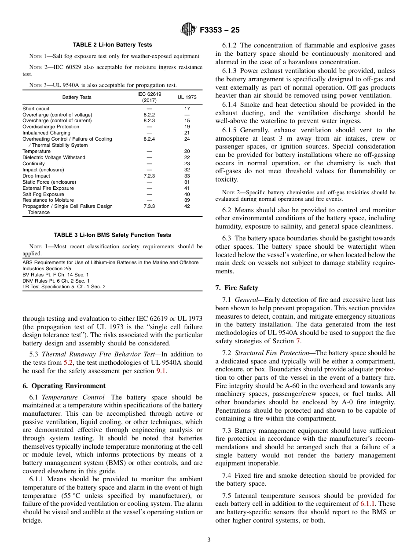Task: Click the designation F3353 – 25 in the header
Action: tap(220, 30)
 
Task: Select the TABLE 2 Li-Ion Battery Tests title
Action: tap(112, 45)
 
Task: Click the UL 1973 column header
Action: tap(187, 97)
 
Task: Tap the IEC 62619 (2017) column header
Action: tap(149, 97)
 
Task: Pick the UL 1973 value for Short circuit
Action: tap(187, 109)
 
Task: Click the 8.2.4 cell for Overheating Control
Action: tap(149, 139)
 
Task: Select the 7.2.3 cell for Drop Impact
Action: tap(149, 176)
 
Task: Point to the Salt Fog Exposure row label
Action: tap(43, 194)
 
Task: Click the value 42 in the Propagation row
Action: tap(187, 206)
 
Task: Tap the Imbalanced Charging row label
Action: tap(46, 133)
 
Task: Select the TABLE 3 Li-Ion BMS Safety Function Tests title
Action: tap(112, 235)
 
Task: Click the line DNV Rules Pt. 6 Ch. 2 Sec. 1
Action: tap(56, 281)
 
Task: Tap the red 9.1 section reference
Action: tap(161, 371)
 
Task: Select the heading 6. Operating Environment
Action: tap(64, 386)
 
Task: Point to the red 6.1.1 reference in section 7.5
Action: tap(367, 504)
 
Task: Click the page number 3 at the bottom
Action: tap(209, 540)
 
